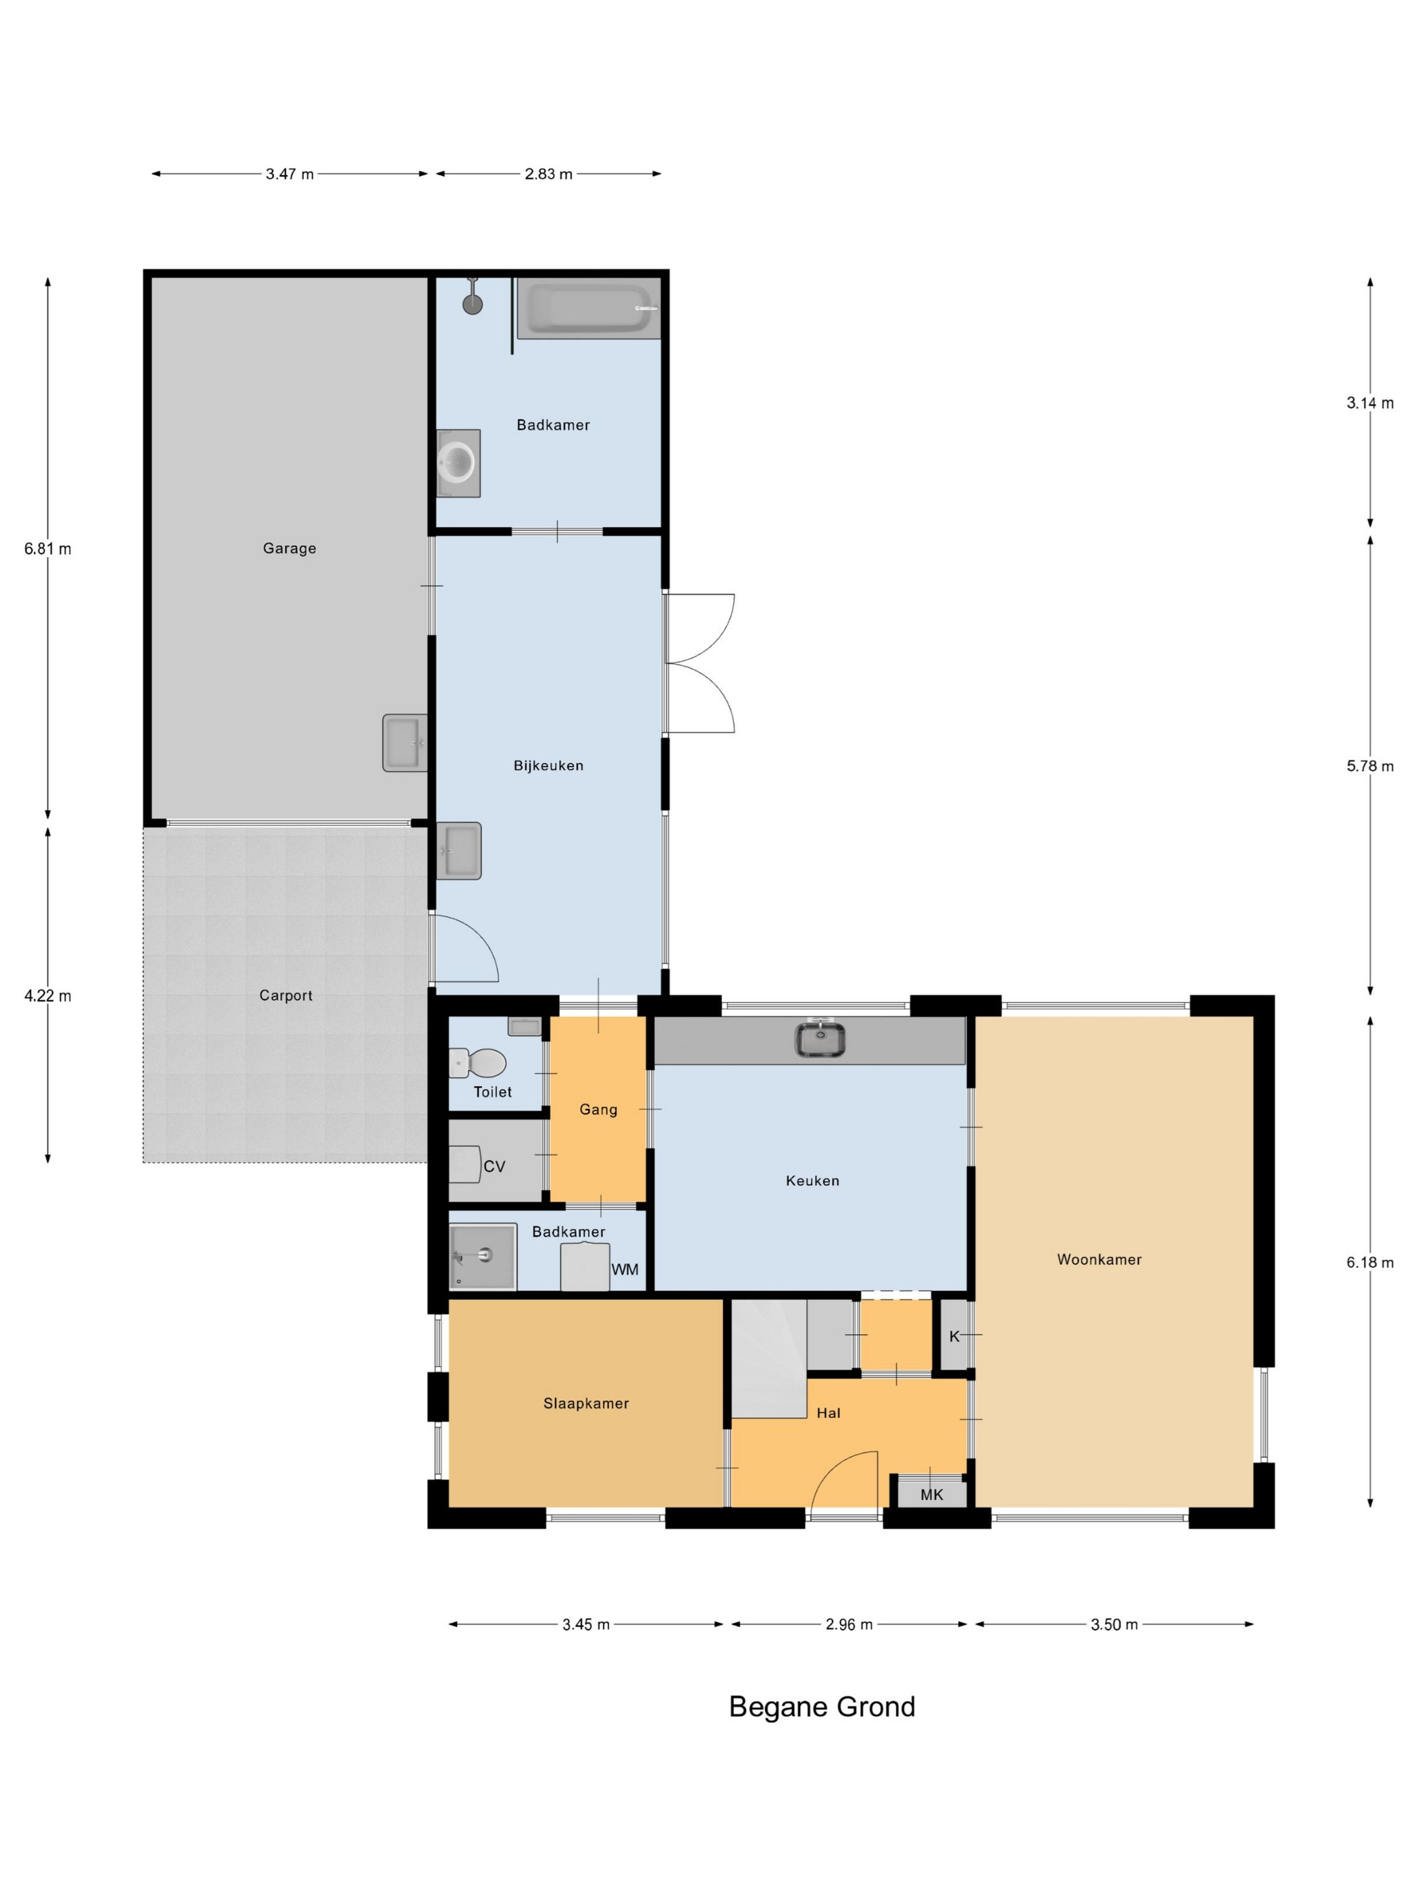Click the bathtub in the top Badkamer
pyautogui.click(x=588, y=309)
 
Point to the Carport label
pyautogui.click(x=286, y=995)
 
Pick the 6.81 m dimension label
pyautogui.click(x=48, y=549)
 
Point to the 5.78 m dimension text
pyautogui.click(x=1370, y=766)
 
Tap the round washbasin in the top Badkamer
pyautogui.click(x=457, y=463)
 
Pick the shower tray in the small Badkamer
pyautogui.click(x=483, y=1255)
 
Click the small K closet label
pyautogui.click(x=955, y=1336)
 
